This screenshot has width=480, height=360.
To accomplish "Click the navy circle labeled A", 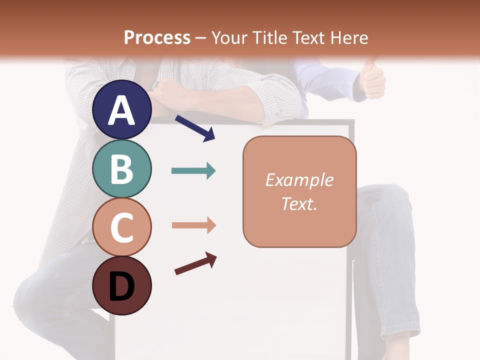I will [x=122, y=109].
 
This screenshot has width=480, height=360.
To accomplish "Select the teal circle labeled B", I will [x=122, y=168].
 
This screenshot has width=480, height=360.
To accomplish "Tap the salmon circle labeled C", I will [x=122, y=227].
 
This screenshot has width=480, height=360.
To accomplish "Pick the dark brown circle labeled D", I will [x=122, y=285].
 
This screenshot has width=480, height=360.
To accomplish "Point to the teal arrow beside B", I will [x=193, y=171].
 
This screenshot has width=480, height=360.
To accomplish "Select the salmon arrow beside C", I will [x=193, y=225].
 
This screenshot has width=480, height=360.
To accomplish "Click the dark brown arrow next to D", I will [x=195, y=263].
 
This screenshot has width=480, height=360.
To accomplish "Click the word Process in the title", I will [x=157, y=37].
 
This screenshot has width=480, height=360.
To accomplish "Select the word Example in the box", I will [x=299, y=180].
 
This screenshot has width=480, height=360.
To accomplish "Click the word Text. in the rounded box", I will [x=299, y=204].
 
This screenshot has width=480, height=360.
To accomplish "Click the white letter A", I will [x=122, y=110].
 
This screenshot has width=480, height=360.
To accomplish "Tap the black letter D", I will [x=122, y=287].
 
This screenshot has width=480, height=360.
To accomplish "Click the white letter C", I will [x=122, y=227].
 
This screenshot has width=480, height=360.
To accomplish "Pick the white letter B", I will [x=122, y=169].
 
